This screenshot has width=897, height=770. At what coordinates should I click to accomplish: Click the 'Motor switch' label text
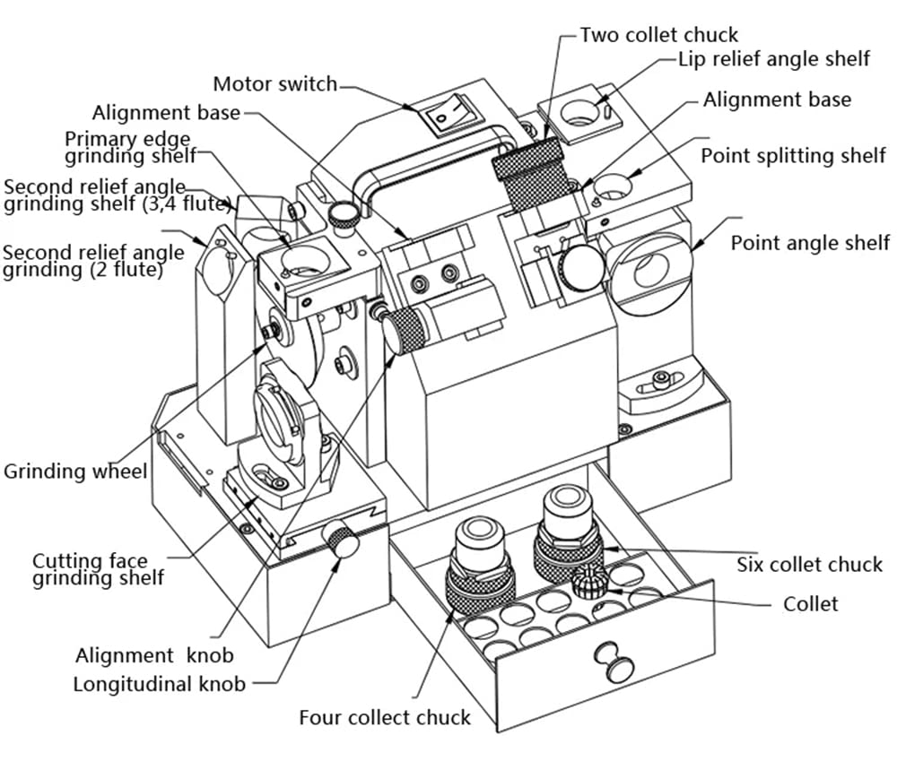coord(274,84)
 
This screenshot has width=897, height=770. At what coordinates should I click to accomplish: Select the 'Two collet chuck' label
coord(658,35)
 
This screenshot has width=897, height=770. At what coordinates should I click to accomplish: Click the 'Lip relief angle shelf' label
coord(773,59)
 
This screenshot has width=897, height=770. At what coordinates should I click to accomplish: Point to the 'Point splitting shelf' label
coord(793,156)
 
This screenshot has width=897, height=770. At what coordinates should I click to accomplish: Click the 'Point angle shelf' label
coord(810,242)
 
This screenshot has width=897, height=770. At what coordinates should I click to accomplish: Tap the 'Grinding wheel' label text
coord(75,472)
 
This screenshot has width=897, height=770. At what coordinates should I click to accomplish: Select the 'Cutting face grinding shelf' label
coord(98,570)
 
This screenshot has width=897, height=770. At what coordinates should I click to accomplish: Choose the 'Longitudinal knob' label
coord(159,685)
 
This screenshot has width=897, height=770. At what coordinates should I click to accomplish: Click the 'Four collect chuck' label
coord(385,717)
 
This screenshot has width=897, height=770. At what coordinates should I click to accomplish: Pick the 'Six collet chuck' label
coord(809,565)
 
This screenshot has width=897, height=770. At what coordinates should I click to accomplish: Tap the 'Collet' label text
coord(810,604)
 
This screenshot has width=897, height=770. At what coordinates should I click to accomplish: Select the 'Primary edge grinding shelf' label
coord(130,148)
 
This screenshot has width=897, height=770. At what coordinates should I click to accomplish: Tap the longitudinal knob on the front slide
coord(342,541)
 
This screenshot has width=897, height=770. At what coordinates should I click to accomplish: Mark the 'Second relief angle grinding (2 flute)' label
coord(93,260)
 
